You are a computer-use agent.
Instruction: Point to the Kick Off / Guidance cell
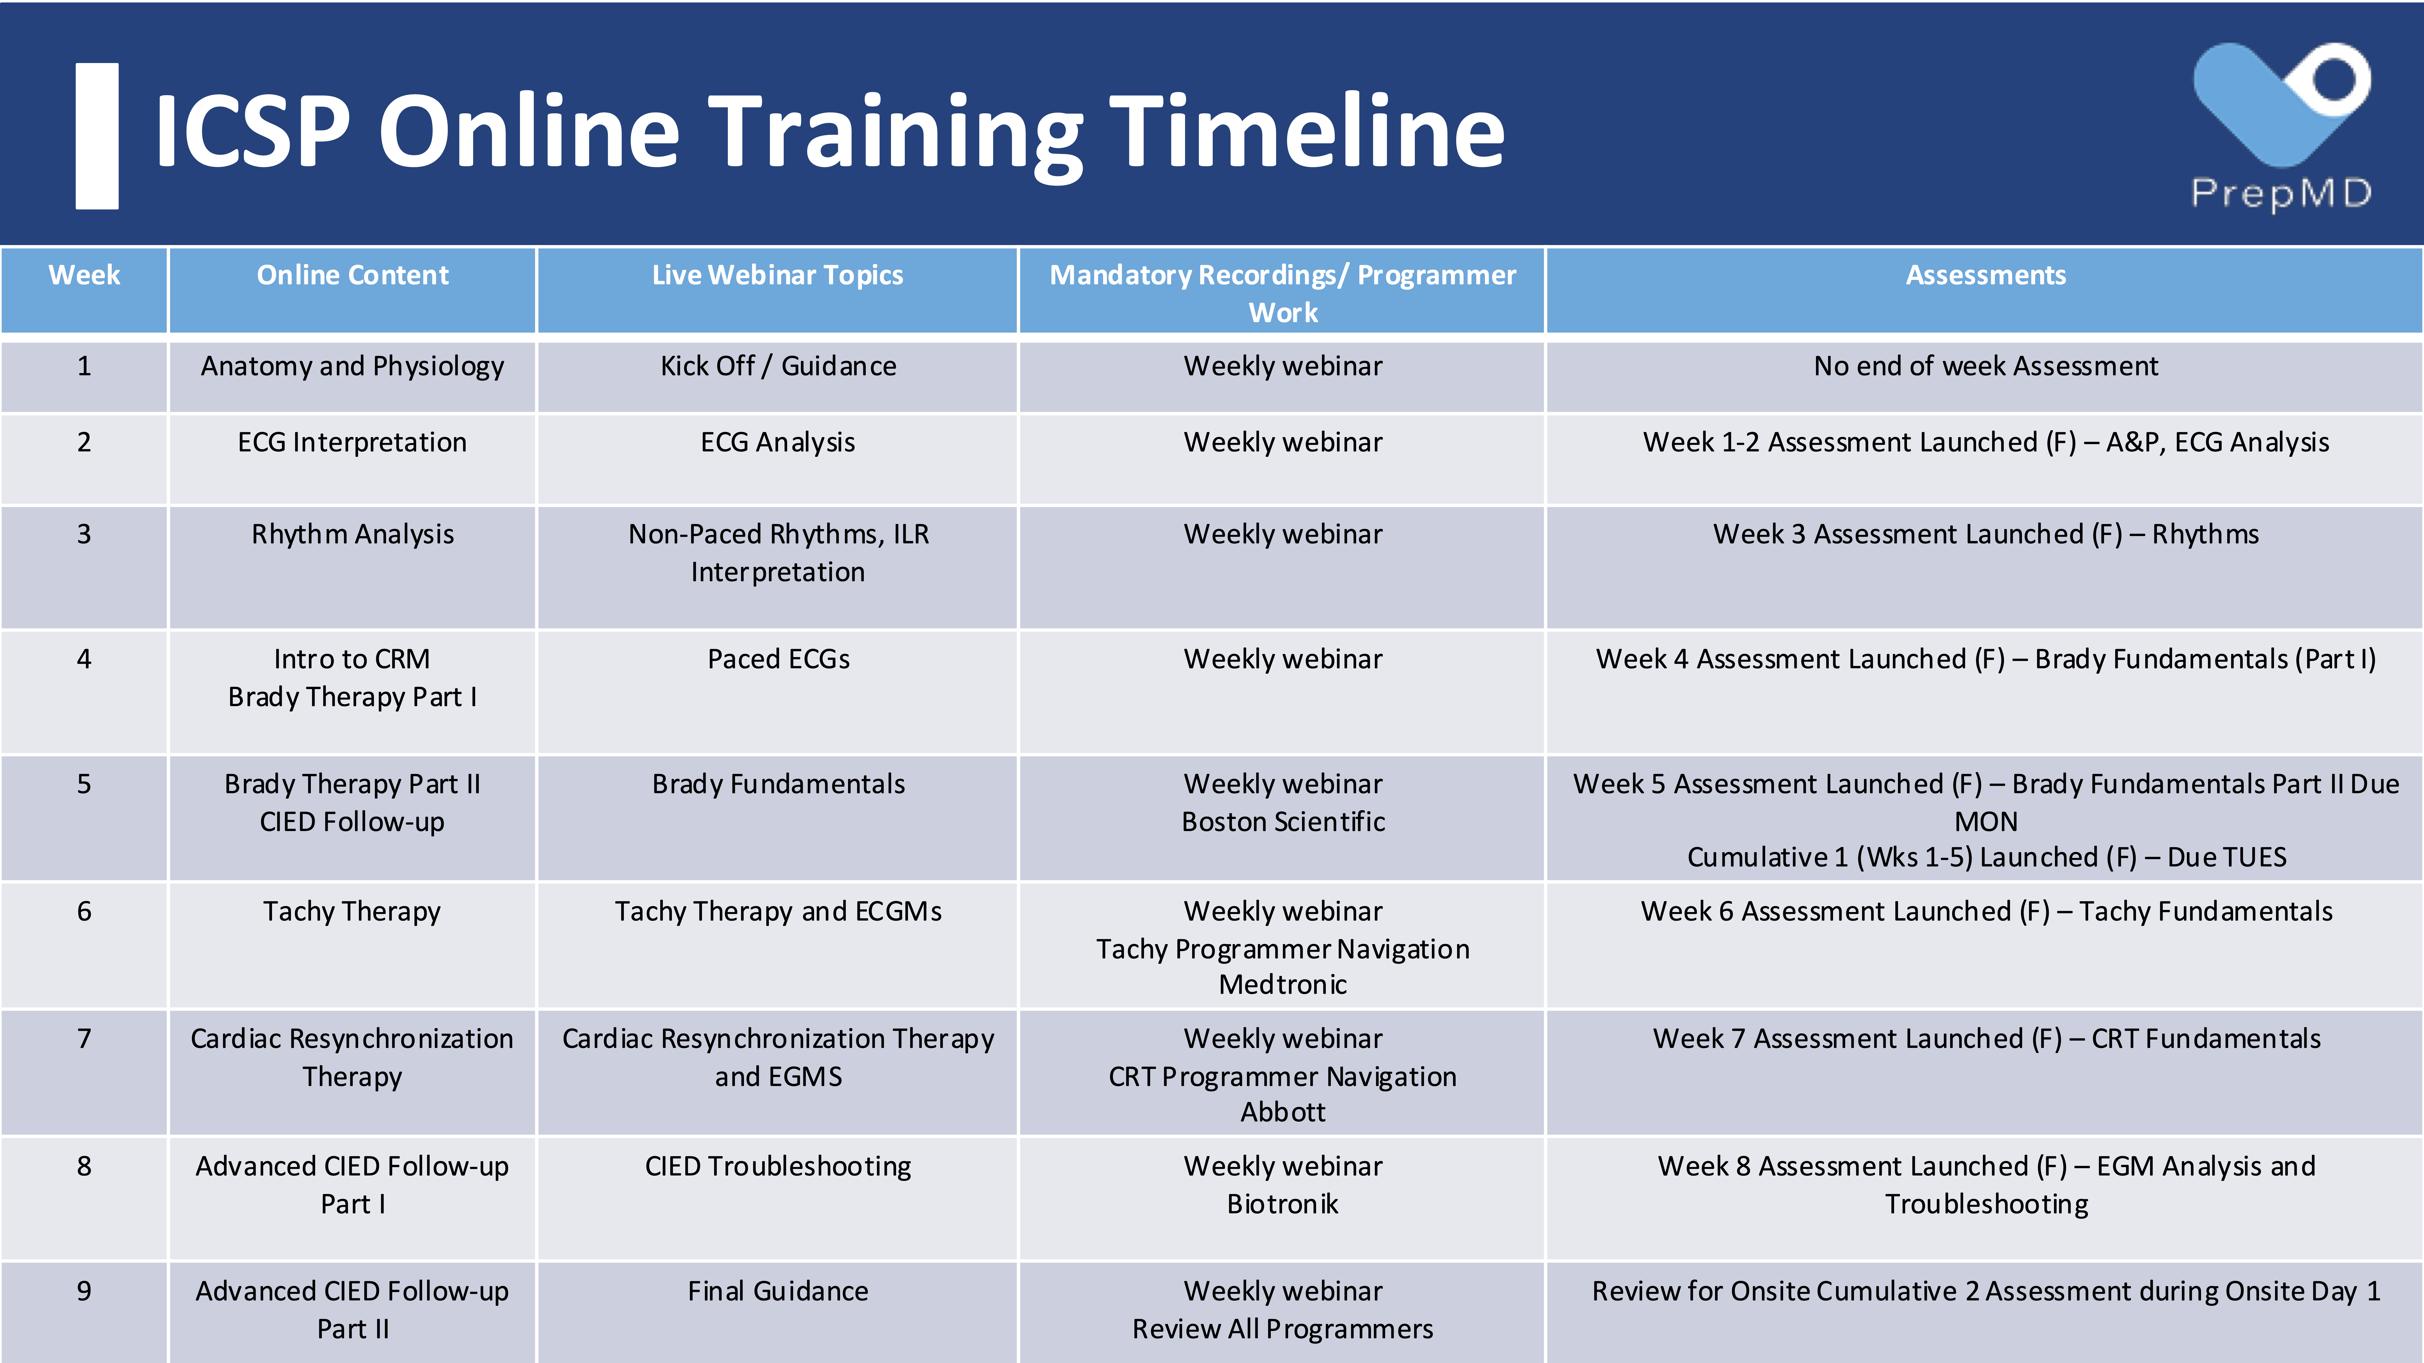click(x=778, y=366)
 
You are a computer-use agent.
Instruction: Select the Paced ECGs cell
click(x=778, y=659)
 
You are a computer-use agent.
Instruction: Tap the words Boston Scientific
click(x=1284, y=822)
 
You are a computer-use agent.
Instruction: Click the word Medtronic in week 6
click(x=1284, y=985)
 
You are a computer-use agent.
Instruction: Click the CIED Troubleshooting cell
click(x=778, y=1167)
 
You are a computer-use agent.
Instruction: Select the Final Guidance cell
click(x=778, y=1291)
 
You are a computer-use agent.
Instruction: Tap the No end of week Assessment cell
click(x=1986, y=366)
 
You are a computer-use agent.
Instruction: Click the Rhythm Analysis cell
click(x=353, y=534)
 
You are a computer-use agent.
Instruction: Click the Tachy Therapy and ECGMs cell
click(x=778, y=912)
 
